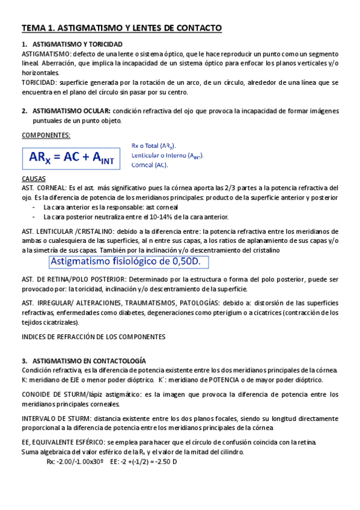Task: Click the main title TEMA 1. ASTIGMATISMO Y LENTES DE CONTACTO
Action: click(x=122, y=28)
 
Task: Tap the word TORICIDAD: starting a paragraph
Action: click(x=39, y=82)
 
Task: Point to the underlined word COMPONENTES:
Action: click(x=46, y=135)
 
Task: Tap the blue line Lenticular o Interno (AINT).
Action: click(x=167, y=156)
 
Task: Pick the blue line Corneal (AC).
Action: click(x=150, y=165)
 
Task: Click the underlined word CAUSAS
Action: click(x=34, y=179)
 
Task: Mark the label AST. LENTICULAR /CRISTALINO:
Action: click(x=70, y=231)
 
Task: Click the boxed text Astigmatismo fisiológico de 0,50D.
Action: click(x=129, y=262)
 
